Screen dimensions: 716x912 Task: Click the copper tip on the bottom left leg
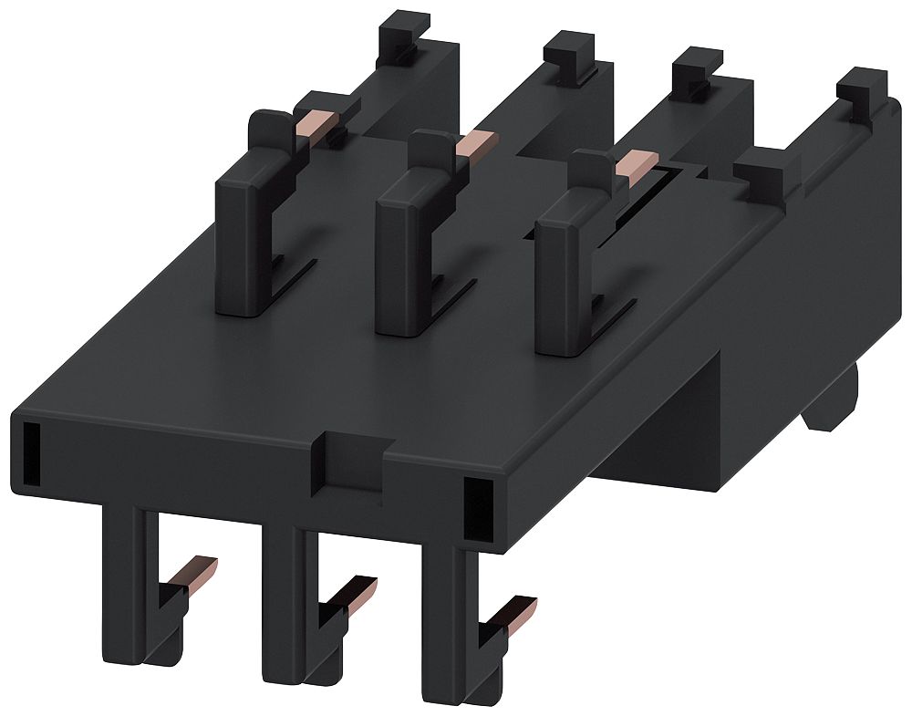tap(202, 572)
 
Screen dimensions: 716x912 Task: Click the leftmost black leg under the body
tap(122, 584)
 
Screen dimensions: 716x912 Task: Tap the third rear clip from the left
tap(696, 78)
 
